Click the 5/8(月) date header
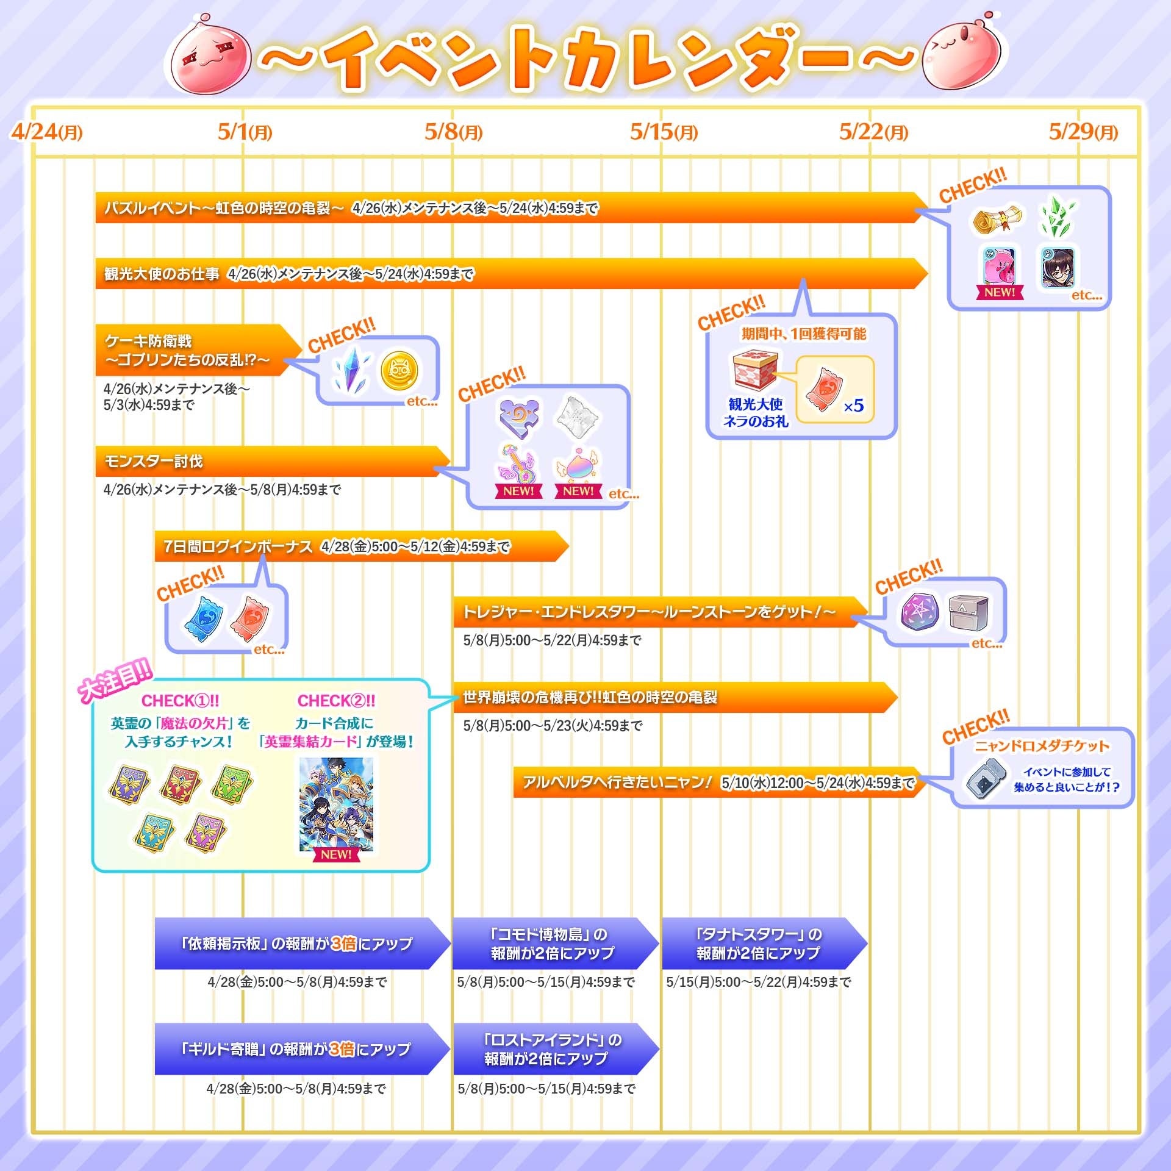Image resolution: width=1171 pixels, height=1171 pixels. (x=453, y=132)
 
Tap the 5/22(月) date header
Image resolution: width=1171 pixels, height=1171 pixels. (x=873, y=132)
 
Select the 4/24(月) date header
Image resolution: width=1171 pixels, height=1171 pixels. (x=46, y=132)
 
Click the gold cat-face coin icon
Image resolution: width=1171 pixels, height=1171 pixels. (x=399, y=371)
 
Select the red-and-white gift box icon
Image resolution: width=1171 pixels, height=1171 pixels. (x=755, y=369)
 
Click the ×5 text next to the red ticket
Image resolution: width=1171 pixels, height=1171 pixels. (x=853, y=406)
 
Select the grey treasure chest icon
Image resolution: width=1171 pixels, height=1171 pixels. (x=969, y=612)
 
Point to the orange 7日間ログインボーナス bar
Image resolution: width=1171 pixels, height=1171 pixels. (x=360, y=546)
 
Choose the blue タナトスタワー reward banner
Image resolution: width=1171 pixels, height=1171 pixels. (x=762, y=944)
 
